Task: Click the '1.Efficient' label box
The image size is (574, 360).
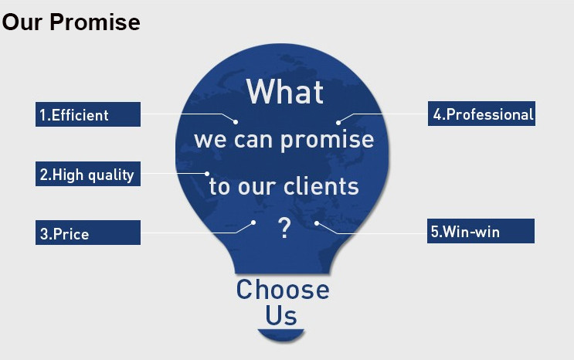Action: (88, 114)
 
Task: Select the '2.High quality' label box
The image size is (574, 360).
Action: (88, 174)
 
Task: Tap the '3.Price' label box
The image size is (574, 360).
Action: (88, 233)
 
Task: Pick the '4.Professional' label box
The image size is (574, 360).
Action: (481, 114)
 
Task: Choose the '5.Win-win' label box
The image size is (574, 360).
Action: (481, 231)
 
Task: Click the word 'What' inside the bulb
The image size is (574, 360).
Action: (285, 92)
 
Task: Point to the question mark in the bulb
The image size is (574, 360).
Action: (284, 228)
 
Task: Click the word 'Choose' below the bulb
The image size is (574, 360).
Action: (283, 290)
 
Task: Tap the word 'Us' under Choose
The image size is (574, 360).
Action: (280, 315)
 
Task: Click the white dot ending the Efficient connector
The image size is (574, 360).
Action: (236, 122)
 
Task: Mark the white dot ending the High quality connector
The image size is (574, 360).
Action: (207, 174)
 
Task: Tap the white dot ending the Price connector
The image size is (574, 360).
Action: (253, 222)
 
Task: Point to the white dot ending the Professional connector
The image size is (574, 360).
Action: (338, 123)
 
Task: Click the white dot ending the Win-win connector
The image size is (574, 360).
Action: (317, 222)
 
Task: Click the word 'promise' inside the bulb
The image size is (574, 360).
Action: (328, 141)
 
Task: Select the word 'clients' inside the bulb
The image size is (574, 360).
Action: (321, 186)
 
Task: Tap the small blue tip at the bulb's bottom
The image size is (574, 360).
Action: (280, 335)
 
